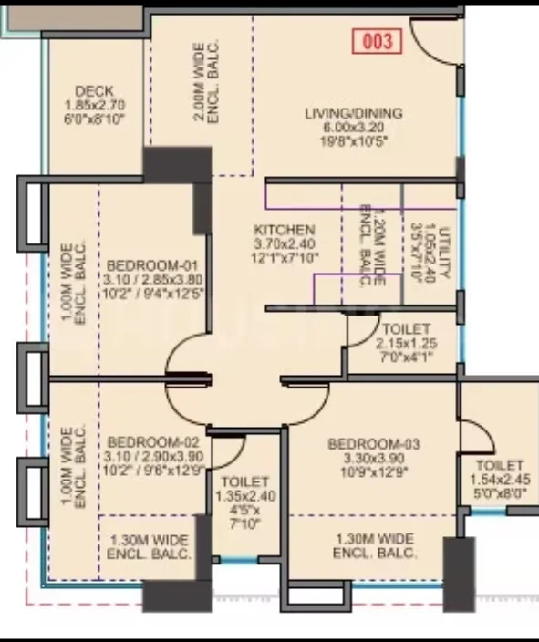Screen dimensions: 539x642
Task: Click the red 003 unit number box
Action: click(x=378, y=41)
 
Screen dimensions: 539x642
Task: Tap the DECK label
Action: click(x=94, y=91)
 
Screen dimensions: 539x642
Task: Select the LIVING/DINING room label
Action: click(x=354, y=113)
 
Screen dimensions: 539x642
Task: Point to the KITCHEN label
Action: click(x=285, y=230)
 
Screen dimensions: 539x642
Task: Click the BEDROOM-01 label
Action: click(x=152, y=265)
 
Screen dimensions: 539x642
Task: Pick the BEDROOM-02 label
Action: click(x=153, y=442)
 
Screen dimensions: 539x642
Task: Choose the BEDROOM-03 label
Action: click(x=374, y=444)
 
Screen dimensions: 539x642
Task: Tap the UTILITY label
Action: click(x=444, y=253)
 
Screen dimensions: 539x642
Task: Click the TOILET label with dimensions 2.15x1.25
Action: click(x=406, y=329)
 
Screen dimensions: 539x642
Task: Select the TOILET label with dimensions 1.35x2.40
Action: click(x=245, y=481)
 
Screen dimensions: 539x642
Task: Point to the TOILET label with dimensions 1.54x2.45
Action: click(x=500, y=465)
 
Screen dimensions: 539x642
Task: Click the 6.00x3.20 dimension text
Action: click(x=354, y=128)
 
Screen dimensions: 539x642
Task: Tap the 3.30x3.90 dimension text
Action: click(x=374, y=458)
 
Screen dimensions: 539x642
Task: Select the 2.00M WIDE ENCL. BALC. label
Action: click(x=206, y=82)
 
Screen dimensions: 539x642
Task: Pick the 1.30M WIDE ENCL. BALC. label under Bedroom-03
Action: click(x=374, y=545)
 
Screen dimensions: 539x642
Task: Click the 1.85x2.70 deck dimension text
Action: click(x=95, y=105)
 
